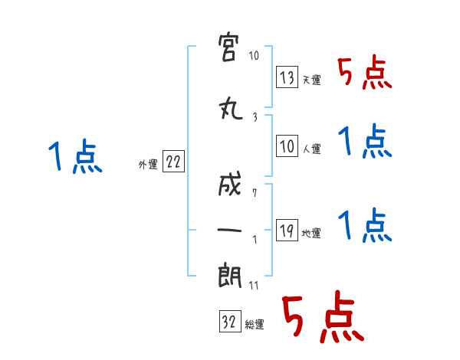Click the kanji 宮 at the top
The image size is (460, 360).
[228, 47]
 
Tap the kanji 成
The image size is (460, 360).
[230, 184]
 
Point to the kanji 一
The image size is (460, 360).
[229, 230]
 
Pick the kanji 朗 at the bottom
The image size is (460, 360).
[230, 275]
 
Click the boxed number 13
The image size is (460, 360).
[287, 77]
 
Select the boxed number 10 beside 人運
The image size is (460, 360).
[287, 146]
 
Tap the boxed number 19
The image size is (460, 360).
[287, 230]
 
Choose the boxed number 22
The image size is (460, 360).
[173, 161]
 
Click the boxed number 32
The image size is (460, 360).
[230, 321]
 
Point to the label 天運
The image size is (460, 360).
[311, 80]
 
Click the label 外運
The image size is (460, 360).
[148, 165]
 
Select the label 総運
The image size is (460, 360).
[255, 325]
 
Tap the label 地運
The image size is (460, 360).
[311, 234]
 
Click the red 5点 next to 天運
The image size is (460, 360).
[365, 73]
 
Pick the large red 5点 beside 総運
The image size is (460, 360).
[324, 316]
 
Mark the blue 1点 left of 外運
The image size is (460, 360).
[75, 156]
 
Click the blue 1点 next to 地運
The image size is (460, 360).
[365, 225]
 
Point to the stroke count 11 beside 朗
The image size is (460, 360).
[254, 285]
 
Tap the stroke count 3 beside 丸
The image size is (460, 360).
[255, 117]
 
